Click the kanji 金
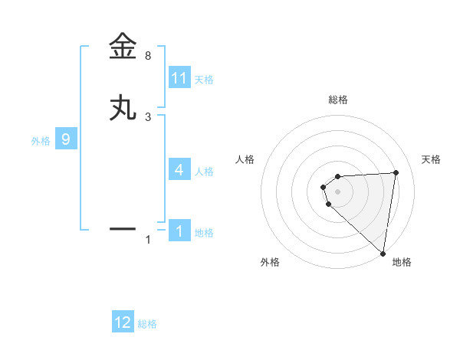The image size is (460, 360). pos(123,46)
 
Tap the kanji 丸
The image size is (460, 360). pos(123,109)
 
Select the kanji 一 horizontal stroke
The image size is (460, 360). pos(123,228)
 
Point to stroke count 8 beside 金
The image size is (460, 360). pos(148,56)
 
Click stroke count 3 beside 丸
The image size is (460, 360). pos(148,116)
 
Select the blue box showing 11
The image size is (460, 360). pos(179,78)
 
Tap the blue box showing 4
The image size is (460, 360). pos(179,169)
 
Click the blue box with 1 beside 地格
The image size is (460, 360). pos(179,231)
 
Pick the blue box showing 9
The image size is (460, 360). pos(66,139)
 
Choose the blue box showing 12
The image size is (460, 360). pos(123,322)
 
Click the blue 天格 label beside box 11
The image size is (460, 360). pos(204,80)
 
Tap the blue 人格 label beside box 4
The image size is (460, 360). pos(204,171)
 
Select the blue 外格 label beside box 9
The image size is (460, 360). pos(41,141)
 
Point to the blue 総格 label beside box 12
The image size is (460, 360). pos(147,324)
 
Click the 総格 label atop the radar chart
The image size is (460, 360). pos(338,100)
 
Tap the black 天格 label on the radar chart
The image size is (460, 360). pos(431,159)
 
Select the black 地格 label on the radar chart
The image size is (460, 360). pos(402,262)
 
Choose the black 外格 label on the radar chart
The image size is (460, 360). pos(270,262)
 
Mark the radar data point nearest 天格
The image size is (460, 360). pos(396,172)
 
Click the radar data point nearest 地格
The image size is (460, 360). pos(383,253)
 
